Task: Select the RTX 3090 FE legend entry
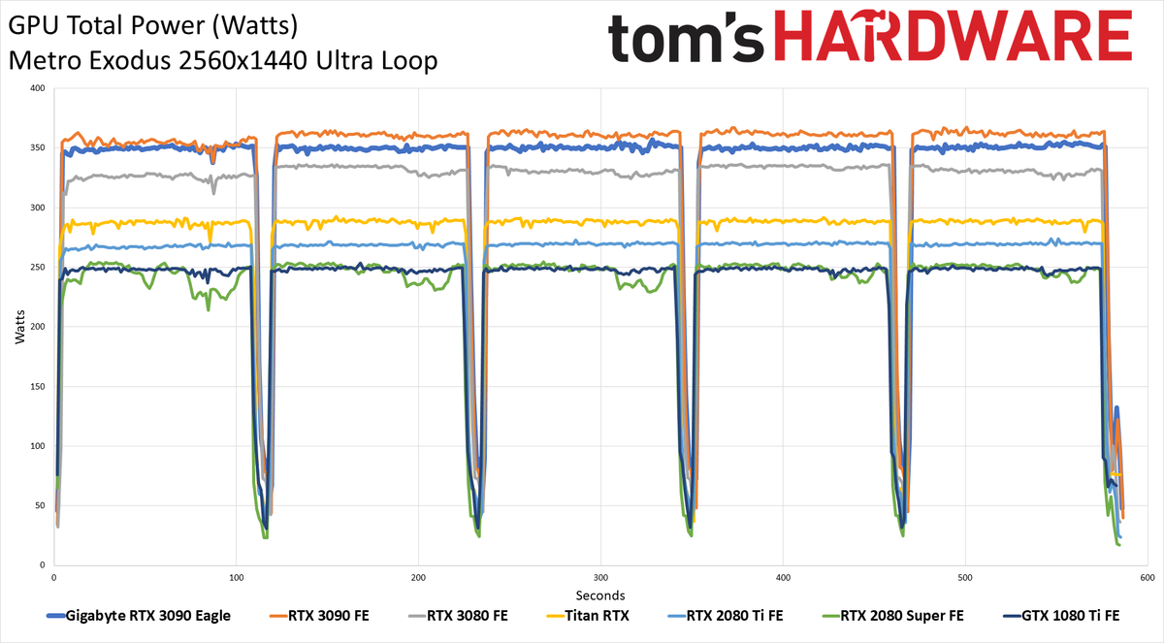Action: (x=319, y=616)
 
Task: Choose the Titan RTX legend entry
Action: (x=587, y=616)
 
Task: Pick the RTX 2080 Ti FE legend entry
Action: (x=725, y=616)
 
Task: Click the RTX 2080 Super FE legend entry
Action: (x=892, y=616)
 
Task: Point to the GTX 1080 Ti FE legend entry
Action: (x=1061, y=616)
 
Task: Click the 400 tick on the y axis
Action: (x=38, y=88)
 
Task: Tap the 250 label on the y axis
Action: (x=38, y=267)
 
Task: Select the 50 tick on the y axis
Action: (x=40, y=505)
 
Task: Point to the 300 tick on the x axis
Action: (x=600, y=578)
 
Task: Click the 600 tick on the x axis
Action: (x=1148, y=578)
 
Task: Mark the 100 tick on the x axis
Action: (x=236, y=578)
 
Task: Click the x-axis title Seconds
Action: (x=600, y=595)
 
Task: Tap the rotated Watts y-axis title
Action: (x=19, y=327)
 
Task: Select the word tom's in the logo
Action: (x=686, y=39)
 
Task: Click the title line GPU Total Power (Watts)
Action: (x=153, y=26)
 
